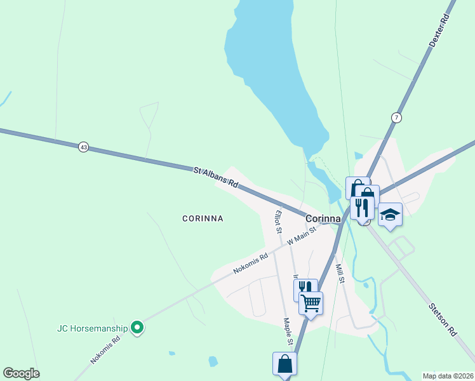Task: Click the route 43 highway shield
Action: click(83, 147)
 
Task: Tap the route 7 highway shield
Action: click(396, 117)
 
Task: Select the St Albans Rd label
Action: click(215, 177)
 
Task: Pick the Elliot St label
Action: click(278, 222)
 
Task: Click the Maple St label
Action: click(288, 332)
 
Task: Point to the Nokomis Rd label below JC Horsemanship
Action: click(105, 350)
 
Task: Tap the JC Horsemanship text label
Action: click(91, 328)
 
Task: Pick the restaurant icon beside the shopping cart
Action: click(305, 289)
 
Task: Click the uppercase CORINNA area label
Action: click(203, 218)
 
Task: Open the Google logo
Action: click(21, 373)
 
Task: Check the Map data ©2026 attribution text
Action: click(447, 375)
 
